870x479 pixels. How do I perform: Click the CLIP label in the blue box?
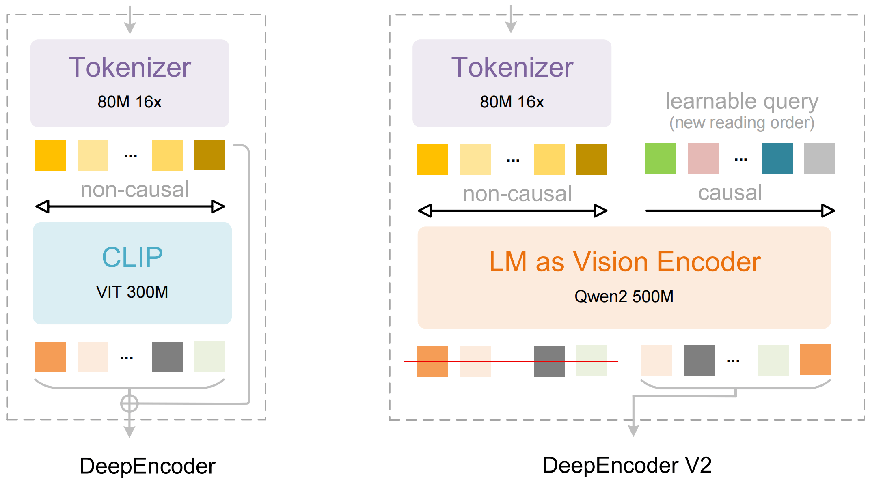point(132,258)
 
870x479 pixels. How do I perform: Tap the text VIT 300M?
point(132,292)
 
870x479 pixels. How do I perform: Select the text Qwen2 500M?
point(624,296)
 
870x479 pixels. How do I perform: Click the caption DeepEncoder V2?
point(627,465)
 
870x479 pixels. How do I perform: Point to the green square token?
point(660,159)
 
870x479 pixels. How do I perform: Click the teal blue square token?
point(777,159)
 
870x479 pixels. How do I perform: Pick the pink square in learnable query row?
point(703,159)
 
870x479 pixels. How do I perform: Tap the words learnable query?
point(741,101)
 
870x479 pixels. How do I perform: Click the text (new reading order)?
point(741,123)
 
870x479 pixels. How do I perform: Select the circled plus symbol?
point(129,404)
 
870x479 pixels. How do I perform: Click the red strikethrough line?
point(511,361)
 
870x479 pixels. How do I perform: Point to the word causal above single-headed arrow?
point(730,193)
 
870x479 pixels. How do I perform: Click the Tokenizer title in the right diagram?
point(512,67)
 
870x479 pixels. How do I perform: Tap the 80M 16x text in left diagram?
point(130,102)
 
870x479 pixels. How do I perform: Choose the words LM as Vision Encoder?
point(624,262)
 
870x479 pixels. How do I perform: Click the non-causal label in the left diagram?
point(134,189)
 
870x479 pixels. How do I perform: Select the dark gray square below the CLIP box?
point(167,357)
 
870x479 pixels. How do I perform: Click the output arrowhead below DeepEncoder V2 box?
point(633,431)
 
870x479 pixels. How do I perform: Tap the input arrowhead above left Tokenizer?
point(130,28)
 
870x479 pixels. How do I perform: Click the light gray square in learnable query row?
point(819,158)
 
